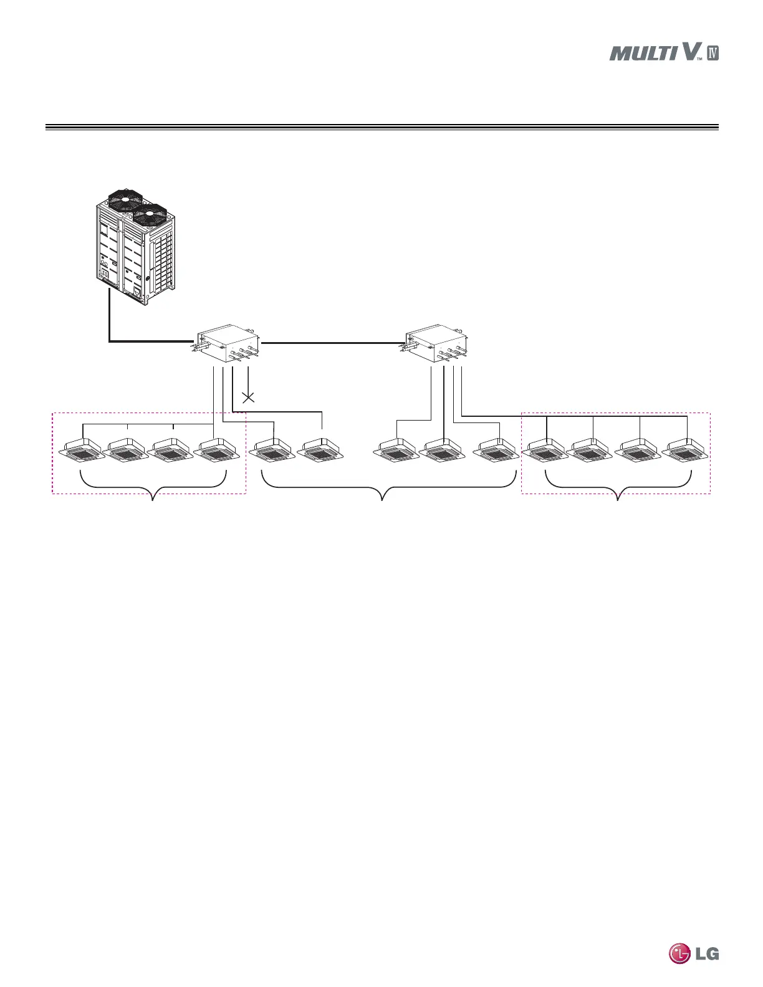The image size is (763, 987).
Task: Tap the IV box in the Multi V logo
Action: point(713,53)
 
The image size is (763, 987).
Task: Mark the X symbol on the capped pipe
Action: point(248,397)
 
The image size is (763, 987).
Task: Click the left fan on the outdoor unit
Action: point(125,201)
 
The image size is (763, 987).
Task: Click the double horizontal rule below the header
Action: point(381,128)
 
